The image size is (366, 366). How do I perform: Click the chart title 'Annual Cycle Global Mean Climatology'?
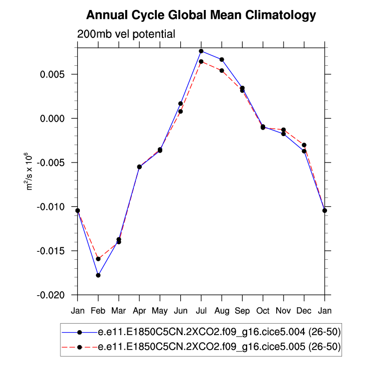201,15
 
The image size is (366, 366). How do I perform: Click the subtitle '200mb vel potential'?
126,34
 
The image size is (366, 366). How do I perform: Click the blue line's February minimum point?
98,275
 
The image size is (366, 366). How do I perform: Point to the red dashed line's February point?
98,259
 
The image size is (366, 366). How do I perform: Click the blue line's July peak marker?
201,51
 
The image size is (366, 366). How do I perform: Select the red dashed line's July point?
201,61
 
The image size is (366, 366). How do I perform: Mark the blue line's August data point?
222,59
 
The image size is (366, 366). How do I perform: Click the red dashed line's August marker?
222,70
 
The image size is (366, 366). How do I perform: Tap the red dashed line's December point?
304,145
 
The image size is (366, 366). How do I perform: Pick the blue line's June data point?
181,103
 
